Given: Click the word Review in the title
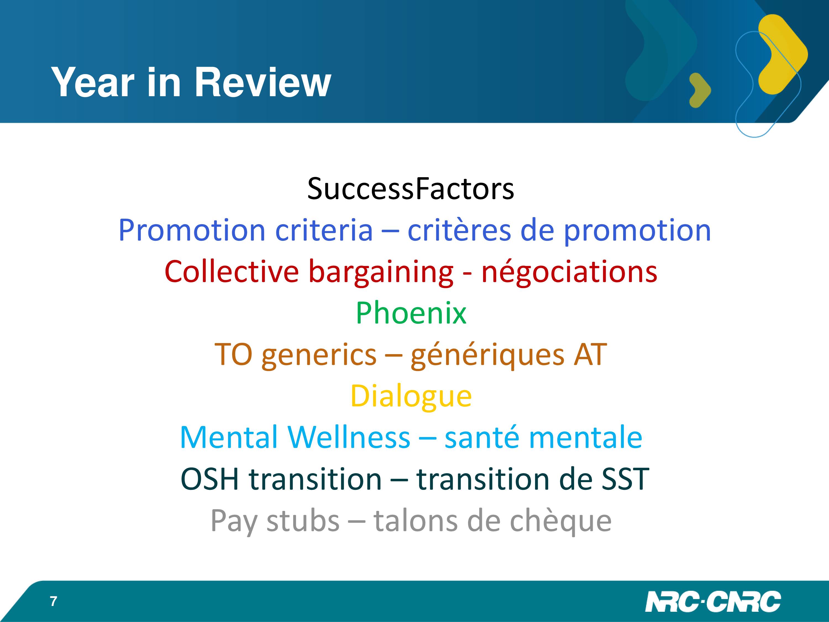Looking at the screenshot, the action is [x=263, y=82].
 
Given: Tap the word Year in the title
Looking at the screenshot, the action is [x=93, y=82].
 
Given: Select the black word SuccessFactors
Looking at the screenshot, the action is [x=411, y=188].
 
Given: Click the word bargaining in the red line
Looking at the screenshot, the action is [x=381, y=273].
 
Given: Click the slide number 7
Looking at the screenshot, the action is [x=54, y=601].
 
